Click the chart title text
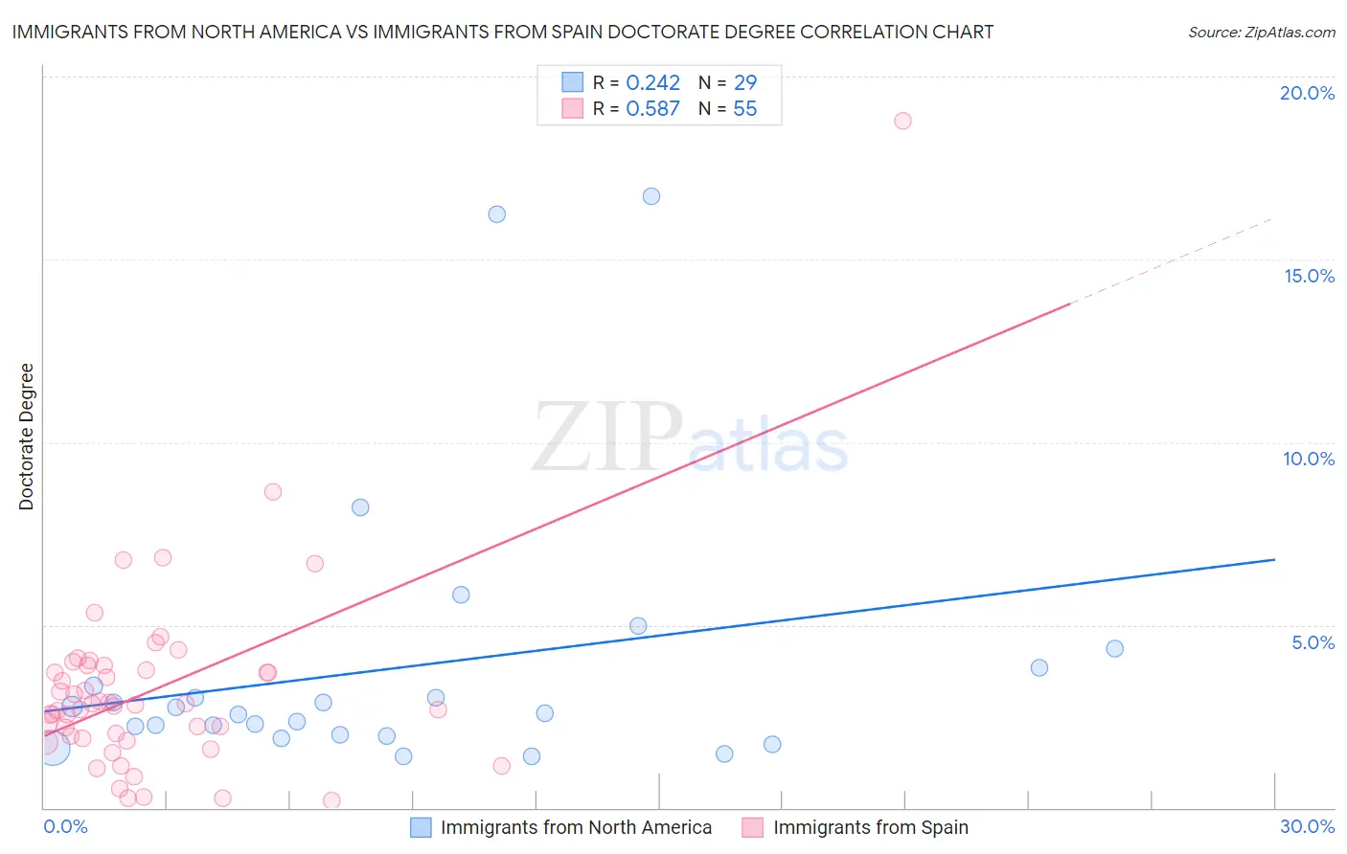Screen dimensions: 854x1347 pos(502,32)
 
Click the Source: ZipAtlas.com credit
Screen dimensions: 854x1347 pos(1261,32)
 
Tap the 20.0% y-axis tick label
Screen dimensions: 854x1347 pos(1307,93)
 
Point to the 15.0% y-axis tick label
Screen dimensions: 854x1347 pos(1309,276)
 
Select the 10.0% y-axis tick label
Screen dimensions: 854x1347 pos(1309,459)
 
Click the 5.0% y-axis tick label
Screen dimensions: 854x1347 pos(1313,642)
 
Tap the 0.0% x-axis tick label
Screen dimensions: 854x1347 pos(65,826)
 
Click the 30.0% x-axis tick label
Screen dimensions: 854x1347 pos(1307,826)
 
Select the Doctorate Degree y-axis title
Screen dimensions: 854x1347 pos(26,437)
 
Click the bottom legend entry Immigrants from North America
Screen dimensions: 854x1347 pos(575,827)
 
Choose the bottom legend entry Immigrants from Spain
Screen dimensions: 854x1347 pos(870,827)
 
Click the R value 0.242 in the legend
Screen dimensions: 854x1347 pos(652,82)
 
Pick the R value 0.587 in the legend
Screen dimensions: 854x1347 pos(652,108)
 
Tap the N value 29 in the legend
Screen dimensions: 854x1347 pos(744,82)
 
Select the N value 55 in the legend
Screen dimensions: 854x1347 pos(744,108)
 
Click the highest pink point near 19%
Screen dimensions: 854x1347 pos(902,121)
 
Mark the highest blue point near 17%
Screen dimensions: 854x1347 pos(651,196)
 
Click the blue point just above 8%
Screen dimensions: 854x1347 pos(360,507)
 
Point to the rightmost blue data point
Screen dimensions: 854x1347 pos(1114,648)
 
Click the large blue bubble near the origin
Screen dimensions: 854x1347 pos(53,747)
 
